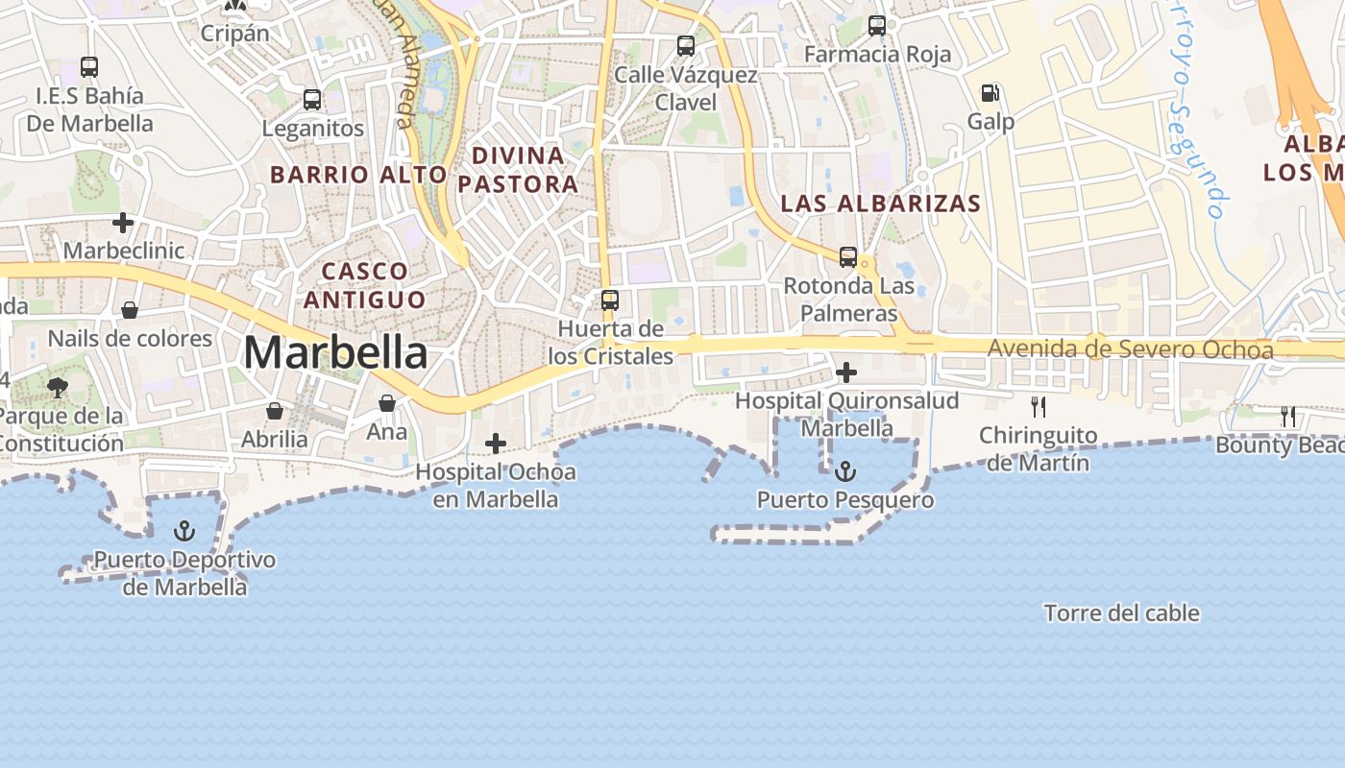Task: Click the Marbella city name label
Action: pos(335,353)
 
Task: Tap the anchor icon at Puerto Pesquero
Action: pos(845,470)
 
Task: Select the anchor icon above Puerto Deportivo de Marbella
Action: pos(184,531)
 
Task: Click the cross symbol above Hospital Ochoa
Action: pos(496,444)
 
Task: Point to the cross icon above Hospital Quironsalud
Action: pos(846,372)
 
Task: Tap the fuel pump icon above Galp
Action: pos(990,93)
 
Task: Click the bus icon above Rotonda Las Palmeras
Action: pos(847,256)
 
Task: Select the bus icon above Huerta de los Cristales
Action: pos(610,300)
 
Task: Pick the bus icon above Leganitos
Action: pos(312,99)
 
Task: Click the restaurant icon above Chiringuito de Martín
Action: pos(1038,406)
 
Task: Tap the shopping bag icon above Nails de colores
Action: pos(129,310)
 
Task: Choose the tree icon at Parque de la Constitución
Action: pos(58,388)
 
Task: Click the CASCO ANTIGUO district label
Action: pos(365,285)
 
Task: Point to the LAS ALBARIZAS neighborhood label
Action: pos(881,204)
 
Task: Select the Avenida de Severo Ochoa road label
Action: pos(1130,349)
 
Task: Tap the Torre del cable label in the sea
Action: pos(1121,612)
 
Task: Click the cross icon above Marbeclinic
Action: pos(123,223)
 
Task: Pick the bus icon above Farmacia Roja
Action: pos(877,26)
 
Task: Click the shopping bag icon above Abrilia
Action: pos(275,411)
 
